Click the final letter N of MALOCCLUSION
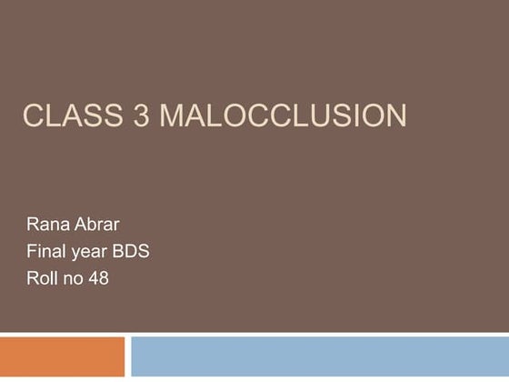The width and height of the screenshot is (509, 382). click(394, 116)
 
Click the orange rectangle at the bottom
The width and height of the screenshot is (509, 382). click(62, 357)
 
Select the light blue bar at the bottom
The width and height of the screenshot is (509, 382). click(319, 357)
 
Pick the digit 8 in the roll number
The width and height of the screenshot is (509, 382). click(104, 278)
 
